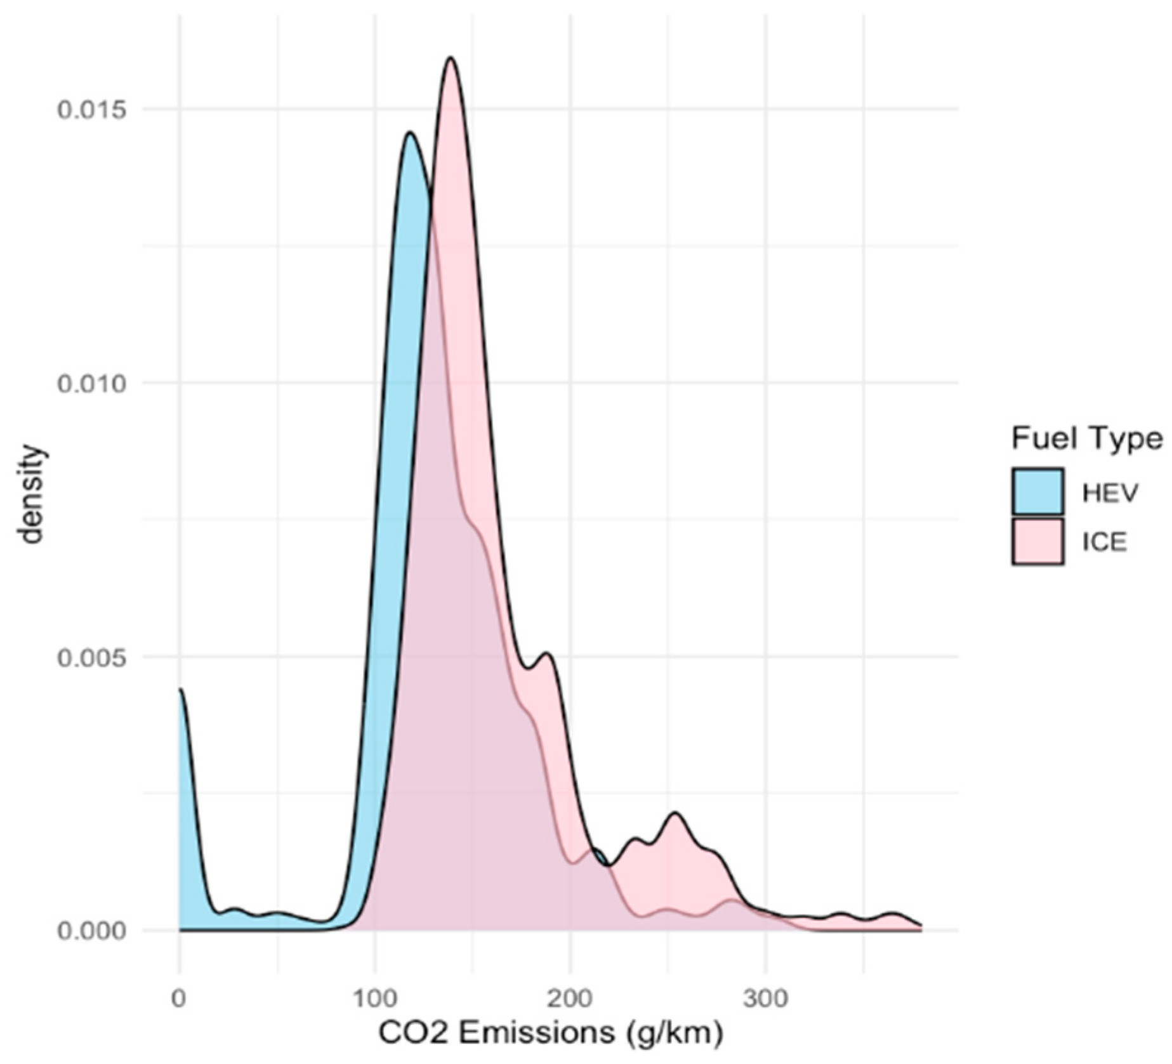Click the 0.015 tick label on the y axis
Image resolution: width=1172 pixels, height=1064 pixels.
tap(92, 110)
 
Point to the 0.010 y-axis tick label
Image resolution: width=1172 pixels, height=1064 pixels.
tap(92, 383)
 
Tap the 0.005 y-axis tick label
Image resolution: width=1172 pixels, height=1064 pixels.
tap(92, 657)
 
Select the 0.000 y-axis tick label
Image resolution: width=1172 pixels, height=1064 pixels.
tap(92, 931)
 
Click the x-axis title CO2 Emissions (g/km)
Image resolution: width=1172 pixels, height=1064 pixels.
tap(551, 1033)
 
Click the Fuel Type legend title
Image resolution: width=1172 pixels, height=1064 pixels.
tap(1086, 438)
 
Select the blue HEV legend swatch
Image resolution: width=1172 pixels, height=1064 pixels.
tap(1038, 492)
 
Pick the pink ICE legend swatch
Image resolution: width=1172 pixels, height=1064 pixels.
tap(1038, 541)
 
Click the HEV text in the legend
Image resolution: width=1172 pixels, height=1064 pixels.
tap(1110, 493)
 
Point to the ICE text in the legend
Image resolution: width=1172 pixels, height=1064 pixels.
tap(1105, 542)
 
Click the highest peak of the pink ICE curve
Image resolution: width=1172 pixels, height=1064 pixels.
tap(451, 59)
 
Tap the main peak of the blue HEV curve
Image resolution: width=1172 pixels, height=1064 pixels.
tap(411, 133)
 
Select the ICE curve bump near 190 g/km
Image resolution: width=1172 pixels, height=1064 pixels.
tap(547, 655)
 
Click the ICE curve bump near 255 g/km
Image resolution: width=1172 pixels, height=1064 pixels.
tap(675, 814)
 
